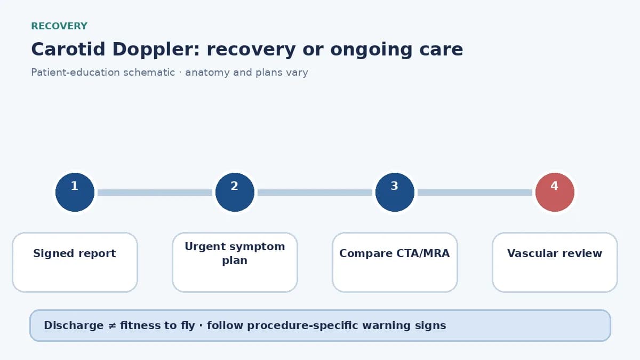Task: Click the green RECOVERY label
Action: tap(59, 26)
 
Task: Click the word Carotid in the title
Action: tap(68, 49)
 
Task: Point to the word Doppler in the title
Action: tap(156, 50)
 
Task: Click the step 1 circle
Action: tap(75, 193)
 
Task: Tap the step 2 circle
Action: tap(235, 193)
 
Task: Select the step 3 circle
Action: tap(395, 193)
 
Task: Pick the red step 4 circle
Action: tap(555, 193)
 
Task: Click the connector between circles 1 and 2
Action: tap(155, 193)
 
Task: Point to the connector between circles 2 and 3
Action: tap(315, 193)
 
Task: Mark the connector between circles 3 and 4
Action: tap(475, 193)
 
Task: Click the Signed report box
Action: tap(75, 262)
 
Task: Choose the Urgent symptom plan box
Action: tap(235, 262)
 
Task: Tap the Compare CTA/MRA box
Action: tap(395, 262)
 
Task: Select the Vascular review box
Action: tap(555, 262)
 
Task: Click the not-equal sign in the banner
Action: tap(111, 326)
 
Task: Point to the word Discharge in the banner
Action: tap(74, 325)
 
